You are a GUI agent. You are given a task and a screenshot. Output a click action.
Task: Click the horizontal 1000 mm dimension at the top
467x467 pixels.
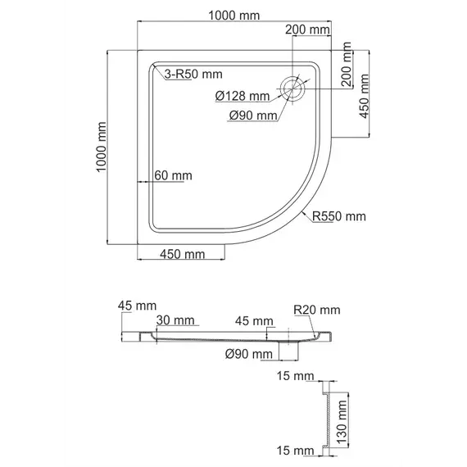233,16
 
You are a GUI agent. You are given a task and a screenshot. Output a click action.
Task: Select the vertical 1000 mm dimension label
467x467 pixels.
102,147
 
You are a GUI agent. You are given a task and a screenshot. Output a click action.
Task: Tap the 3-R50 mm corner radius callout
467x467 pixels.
193,75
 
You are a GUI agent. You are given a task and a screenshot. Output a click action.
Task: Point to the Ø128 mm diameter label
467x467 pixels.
243,96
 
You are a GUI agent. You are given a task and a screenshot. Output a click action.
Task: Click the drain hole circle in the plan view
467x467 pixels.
293,88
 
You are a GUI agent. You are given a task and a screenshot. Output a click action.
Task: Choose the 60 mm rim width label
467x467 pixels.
173,175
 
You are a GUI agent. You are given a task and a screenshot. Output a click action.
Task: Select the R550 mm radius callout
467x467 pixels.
339,216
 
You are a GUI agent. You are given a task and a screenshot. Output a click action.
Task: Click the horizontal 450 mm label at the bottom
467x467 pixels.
182,254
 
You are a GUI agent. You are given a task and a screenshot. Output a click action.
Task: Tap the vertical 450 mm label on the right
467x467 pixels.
364,96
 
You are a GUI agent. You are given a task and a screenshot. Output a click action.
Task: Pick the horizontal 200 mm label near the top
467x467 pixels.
308,29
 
